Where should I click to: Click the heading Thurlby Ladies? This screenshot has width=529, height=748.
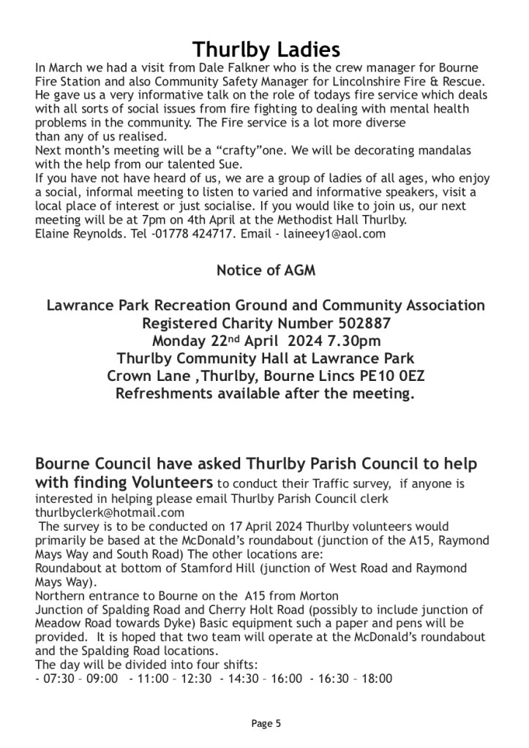266,50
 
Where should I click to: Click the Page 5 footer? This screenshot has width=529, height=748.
266,724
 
